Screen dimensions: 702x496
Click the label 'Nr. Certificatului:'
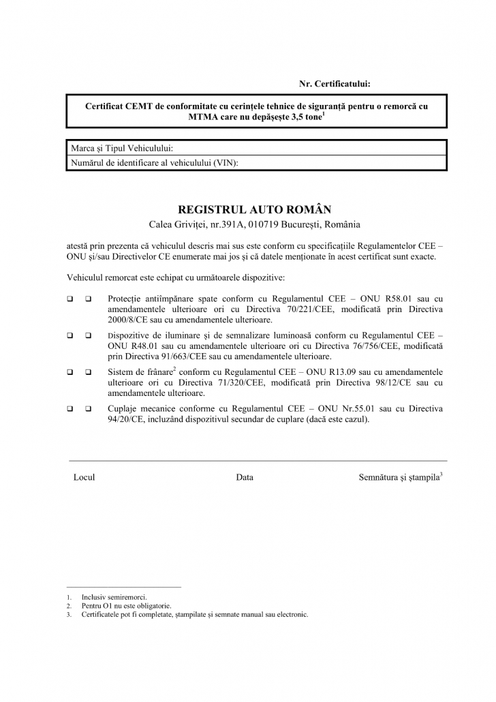pos(335,84)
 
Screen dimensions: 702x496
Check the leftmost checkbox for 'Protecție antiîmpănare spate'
pos(70,299)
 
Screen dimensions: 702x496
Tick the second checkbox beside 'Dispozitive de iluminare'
pos(89,336)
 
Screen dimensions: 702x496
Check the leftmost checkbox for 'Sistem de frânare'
pos(70,373)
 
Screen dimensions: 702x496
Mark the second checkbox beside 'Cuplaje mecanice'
pos(89,409)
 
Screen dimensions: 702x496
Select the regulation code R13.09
pos(347,373)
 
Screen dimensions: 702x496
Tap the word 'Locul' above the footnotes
pos(84,478)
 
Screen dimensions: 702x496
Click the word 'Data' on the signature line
pos(245,478)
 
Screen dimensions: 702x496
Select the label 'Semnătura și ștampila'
pos(399,478)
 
